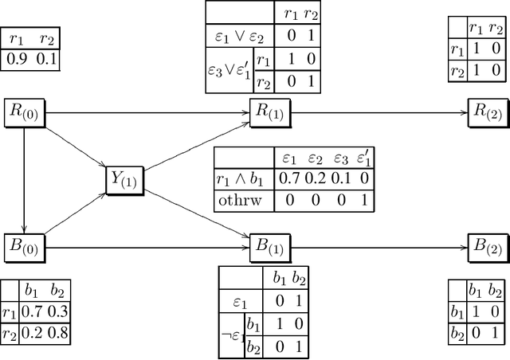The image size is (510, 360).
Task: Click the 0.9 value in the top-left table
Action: (x=17, y=57)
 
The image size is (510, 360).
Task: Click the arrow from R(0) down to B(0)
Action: (x=25, y=179)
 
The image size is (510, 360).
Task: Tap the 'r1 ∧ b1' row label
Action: (x=242, y=179)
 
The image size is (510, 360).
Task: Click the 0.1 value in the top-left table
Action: (x=46, y=57)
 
